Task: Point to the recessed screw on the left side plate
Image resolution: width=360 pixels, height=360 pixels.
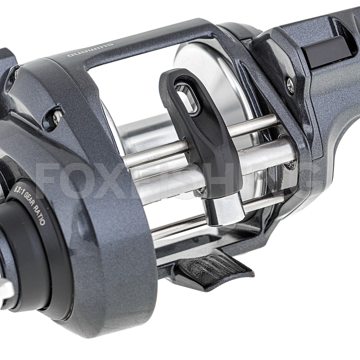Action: coord(56,117)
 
